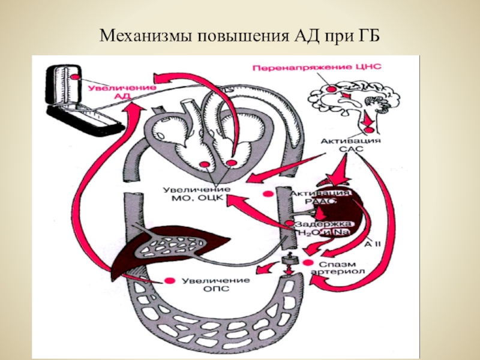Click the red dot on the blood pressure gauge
[x=74, y=77]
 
